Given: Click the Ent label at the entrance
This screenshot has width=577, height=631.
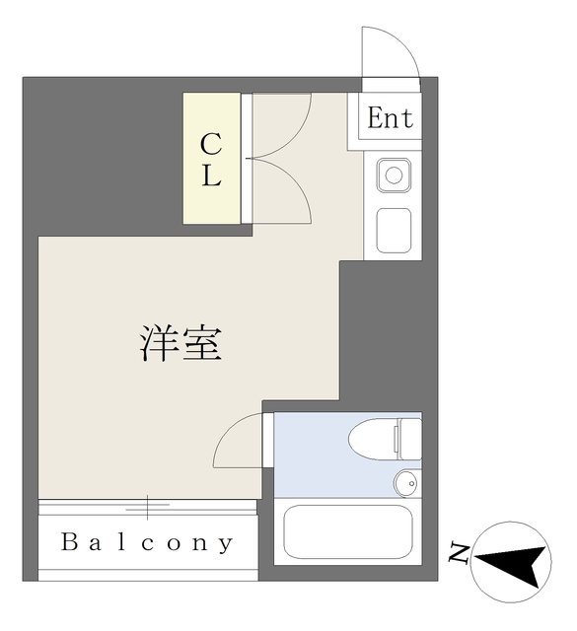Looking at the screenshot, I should [391, 118].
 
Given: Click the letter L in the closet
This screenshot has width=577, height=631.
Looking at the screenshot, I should [211, 178].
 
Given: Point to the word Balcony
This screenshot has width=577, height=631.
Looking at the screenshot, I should [148, 542].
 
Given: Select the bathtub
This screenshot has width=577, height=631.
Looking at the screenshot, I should [347, 533].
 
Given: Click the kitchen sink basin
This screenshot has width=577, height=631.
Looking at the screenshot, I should [393, 177].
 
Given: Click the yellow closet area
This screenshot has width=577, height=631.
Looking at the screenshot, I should [212, 158].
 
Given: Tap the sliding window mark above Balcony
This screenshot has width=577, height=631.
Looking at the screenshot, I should [148, 507].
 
